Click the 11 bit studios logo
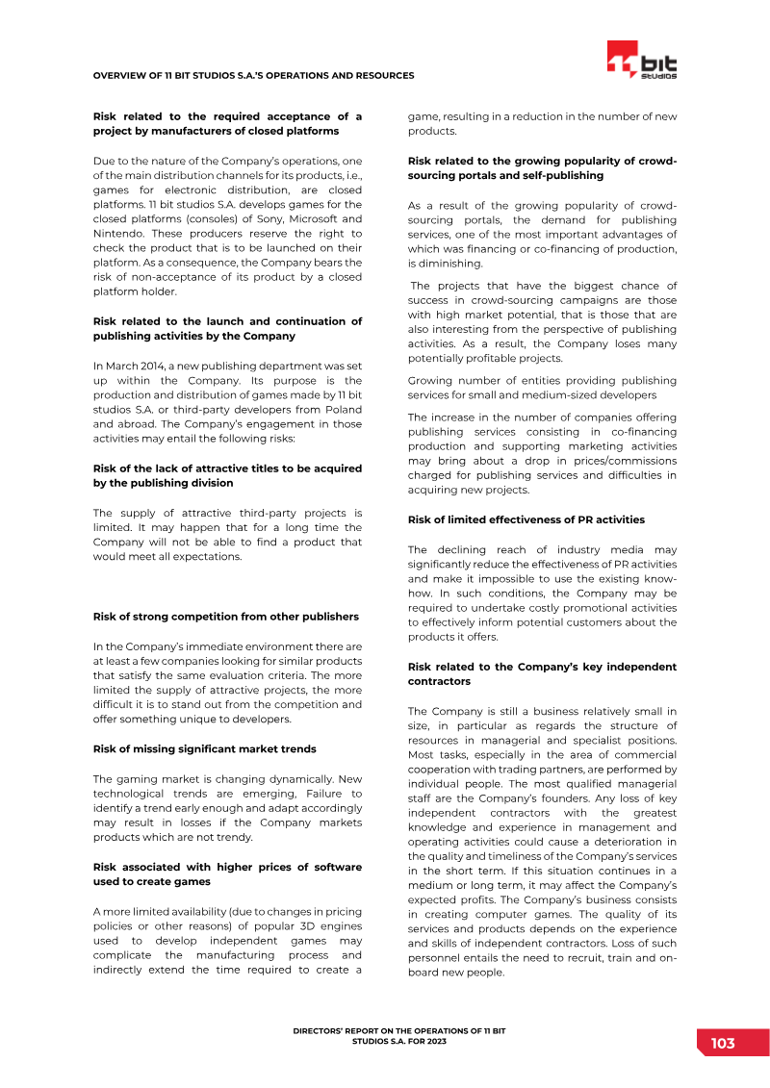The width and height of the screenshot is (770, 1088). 641,61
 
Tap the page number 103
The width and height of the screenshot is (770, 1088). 723,1044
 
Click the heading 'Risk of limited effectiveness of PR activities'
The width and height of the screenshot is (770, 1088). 526,519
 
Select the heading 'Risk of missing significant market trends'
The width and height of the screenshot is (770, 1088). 204,748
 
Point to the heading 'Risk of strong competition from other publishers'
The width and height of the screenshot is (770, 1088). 225,617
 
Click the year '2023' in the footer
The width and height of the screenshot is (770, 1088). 436,1041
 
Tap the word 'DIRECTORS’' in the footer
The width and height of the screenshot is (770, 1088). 320,1030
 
